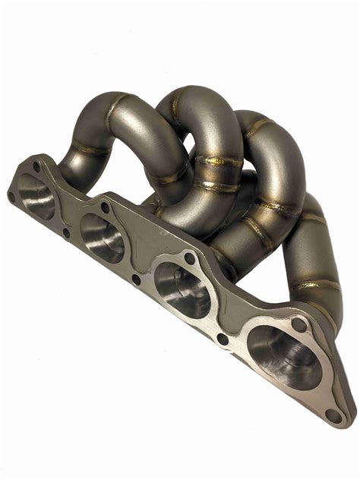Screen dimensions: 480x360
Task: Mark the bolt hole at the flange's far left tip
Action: (x=12, y=196)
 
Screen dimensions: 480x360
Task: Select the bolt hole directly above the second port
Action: (x=105, y=206)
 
